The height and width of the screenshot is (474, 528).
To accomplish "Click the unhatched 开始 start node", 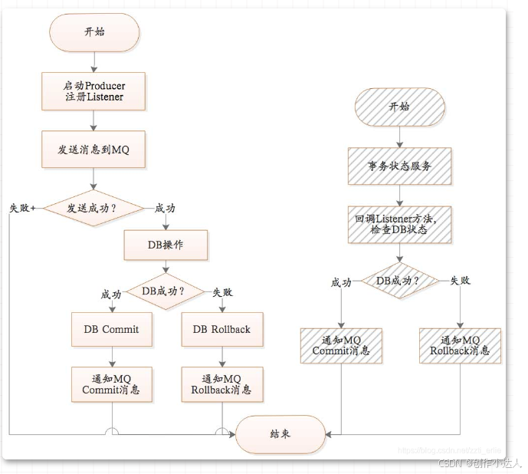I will pos(93,31).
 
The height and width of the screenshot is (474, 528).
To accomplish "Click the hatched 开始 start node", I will pos(399,106).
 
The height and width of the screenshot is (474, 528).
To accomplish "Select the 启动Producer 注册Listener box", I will pos(93,91).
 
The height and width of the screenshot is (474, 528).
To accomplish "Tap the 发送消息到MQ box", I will pos(93,149).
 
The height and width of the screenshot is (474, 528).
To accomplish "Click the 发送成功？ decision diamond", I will pos(93,208).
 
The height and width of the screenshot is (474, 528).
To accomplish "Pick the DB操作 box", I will pos(166,246).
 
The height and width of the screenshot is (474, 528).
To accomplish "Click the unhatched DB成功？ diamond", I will pos(166,291).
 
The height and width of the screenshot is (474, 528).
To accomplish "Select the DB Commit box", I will pos(112,330).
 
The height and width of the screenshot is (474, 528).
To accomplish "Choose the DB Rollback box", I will pos(221,330).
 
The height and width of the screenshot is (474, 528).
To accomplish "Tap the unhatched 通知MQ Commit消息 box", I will pos(112,384).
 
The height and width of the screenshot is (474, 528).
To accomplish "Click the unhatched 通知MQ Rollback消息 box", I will pos(221,384).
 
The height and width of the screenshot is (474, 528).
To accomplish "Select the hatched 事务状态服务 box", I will pos(399,166).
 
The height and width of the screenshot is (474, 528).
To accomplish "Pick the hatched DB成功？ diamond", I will pos(399,281).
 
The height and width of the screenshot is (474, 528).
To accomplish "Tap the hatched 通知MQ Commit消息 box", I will pos(340,346).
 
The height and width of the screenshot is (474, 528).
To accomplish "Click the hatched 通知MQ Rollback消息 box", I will pos(461,346).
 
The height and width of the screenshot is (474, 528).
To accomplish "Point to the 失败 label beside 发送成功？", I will pos(21,208).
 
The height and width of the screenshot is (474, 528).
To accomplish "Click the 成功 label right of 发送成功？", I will pos(166,208).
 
